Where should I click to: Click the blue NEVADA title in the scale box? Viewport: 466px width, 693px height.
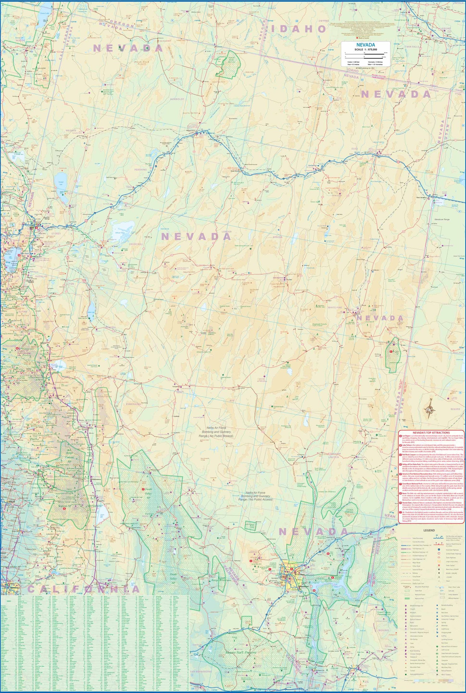(366, 45)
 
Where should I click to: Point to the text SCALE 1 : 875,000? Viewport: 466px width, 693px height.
(366, 49)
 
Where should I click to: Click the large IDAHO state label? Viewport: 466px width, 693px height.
(299, 29)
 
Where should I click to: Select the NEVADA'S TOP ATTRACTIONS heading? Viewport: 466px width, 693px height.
(431, 432)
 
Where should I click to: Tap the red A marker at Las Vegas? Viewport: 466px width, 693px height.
(292, 569)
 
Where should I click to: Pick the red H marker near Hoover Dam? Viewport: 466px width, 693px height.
(314, 590)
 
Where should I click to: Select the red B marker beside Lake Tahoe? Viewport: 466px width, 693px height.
(19, 255)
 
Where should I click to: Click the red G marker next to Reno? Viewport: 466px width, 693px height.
(37, 228)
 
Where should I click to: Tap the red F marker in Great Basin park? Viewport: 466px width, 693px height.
(391, 351)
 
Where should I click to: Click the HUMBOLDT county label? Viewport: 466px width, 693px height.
(177, 99)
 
